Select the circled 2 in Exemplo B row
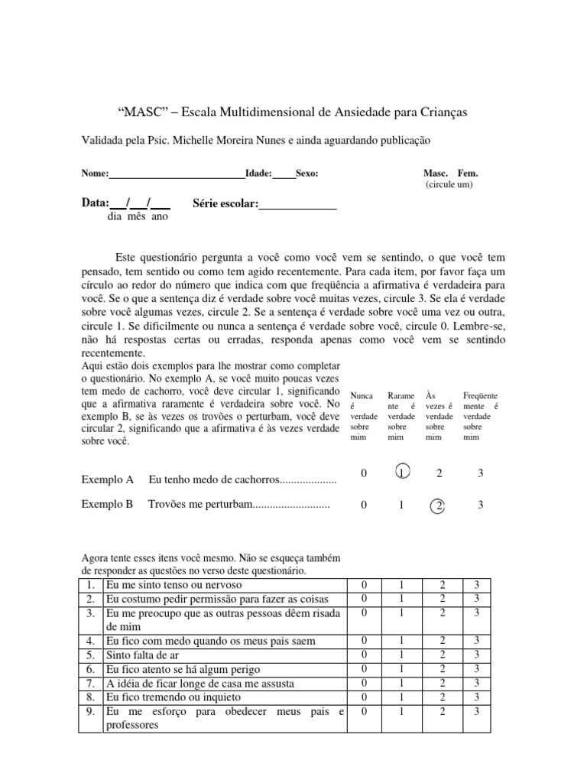tap(439, 505)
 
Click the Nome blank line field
tap(177, 174)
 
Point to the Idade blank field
tap(284, 174)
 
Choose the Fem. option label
tap(468, 174)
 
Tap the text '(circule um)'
tap(449, 185)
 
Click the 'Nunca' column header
tap(362, 395)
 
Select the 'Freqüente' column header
tap(480, 395)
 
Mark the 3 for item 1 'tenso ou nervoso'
tap(476, 585)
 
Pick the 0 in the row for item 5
tap(364, 655)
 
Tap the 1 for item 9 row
tap(402, 711)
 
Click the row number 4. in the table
tap(90, 641)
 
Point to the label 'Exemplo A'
tap(108, 479)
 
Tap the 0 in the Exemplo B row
tap(364, 505)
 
